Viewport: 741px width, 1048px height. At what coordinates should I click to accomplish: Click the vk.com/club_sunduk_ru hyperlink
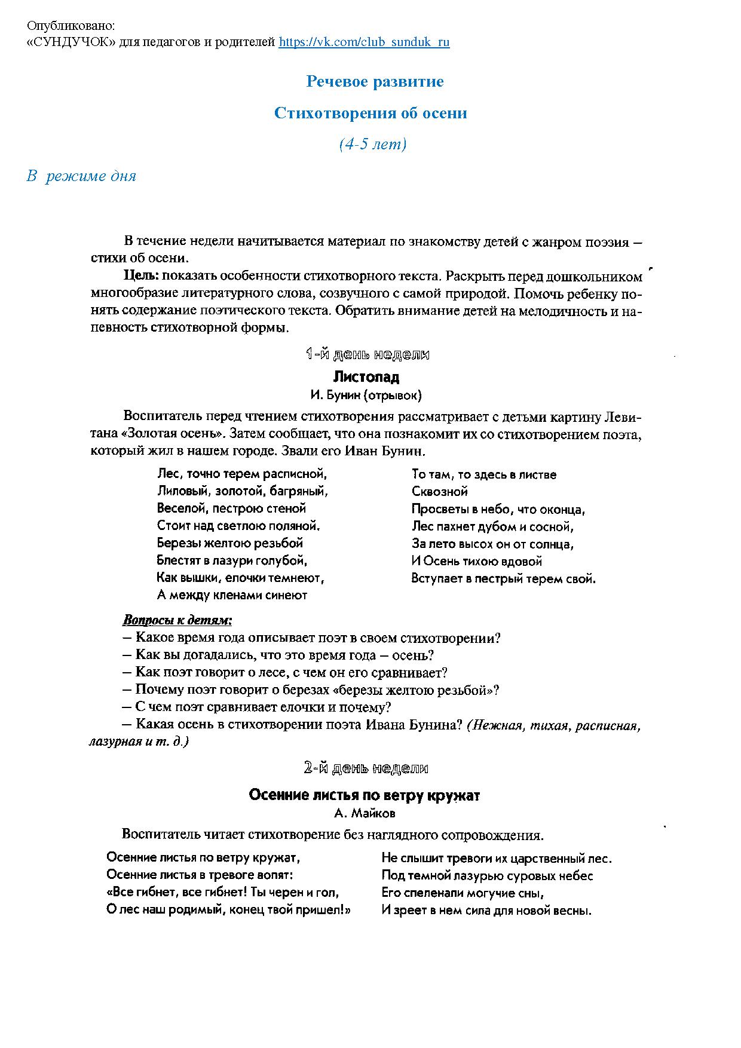coord(364,42)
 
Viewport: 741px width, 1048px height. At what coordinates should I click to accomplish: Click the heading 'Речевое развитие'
coord(375,81)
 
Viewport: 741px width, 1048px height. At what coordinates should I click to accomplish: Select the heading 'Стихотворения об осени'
coord(370,113)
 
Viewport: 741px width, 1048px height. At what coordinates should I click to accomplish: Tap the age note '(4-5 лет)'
coord(373,144)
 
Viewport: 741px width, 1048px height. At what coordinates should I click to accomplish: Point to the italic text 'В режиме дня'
coord(81,176)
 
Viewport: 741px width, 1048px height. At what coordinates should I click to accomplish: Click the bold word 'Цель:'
coord(141,276)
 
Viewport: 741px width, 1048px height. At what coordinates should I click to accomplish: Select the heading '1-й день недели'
coord(367,354)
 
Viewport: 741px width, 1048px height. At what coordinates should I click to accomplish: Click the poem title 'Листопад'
coord(366,377)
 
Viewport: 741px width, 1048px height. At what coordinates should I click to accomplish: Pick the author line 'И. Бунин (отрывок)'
coord(366,395)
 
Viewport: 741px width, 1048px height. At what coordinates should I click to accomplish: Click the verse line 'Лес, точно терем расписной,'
coord(242,474)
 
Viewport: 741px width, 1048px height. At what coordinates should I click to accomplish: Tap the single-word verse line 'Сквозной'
coord(439,492)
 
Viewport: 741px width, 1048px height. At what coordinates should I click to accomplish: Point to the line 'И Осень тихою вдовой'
coord(476,561)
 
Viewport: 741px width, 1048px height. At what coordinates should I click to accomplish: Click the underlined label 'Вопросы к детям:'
coord(177,620)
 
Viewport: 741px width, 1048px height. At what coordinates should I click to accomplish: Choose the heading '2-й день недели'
coord(366,768)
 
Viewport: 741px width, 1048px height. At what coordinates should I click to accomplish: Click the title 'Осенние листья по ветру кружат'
coord(364,795)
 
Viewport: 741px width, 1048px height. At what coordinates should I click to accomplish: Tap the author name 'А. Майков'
coord(365,813)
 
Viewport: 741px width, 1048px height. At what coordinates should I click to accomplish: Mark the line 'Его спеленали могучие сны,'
coord(463,893)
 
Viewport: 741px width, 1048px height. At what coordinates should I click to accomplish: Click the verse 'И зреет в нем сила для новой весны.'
coord(486,911)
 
